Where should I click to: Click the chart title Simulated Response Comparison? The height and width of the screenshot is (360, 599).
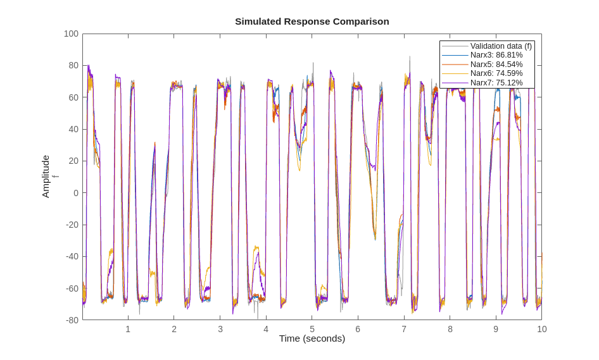coord(312,21)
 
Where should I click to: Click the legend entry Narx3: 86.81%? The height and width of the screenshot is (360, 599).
coord(496,55)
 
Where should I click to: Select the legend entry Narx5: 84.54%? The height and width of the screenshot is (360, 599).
coord(496,64)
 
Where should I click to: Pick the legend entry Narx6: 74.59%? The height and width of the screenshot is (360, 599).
coord(496,73)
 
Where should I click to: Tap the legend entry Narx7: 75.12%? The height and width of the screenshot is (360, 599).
coord(496,82)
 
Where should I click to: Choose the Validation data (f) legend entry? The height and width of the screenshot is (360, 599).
coord(500,46)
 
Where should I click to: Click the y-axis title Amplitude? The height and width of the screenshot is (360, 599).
coord(46,177)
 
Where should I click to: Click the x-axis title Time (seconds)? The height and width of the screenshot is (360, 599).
coord(312,338)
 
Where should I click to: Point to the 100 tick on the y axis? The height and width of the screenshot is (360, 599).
coord(71,34)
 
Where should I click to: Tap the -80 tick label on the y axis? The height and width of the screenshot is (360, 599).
coord(72,320)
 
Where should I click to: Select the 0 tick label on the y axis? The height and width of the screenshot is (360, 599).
coord(75,193)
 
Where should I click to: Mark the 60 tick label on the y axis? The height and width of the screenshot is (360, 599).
coord(73,97)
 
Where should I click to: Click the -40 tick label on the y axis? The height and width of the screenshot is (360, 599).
coord(72,256)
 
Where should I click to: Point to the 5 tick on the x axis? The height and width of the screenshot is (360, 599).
coord(312,329)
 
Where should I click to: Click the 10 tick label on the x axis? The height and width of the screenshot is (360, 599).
coord(541,329)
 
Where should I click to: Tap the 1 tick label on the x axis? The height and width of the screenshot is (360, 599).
coord(128,329)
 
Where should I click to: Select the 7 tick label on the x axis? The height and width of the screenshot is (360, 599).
coord(404,329)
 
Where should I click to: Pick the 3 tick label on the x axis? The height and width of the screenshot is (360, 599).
coord(220,329)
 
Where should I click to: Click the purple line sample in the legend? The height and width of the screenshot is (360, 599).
coord(455,82)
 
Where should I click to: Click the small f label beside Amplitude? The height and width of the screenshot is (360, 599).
coord(55,177)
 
